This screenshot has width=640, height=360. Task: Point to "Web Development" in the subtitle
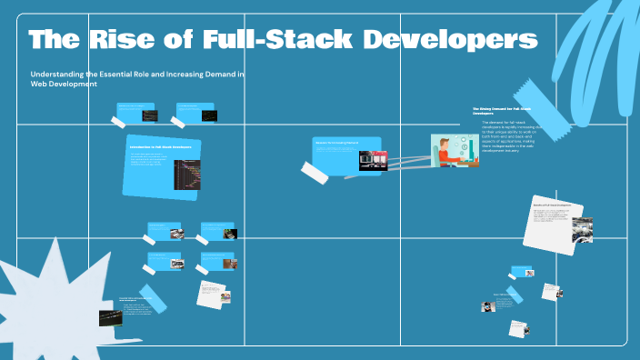point(64,85)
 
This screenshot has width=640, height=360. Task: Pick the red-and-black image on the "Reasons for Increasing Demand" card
point(374,160)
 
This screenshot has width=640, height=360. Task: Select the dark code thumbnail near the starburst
point(110,316)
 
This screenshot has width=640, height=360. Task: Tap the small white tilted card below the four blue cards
point(212,293)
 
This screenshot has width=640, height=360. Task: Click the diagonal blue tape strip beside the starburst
point(153,299)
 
